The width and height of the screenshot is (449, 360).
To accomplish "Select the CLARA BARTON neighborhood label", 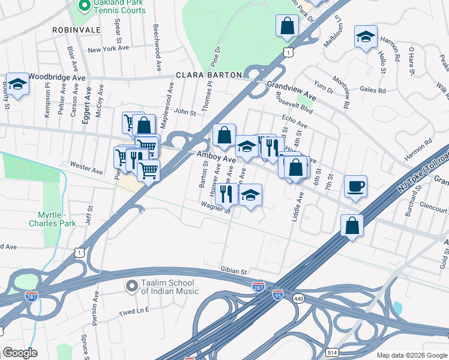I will tap(208, 76).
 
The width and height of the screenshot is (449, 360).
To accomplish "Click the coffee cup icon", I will tap(355, 187).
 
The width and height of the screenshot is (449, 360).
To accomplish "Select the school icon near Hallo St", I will tap(366, 37).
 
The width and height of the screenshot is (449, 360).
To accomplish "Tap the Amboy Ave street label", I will tap(217, 157).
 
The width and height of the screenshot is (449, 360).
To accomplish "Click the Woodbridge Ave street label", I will tap(58, 77).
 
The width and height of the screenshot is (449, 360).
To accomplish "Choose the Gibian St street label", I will tap(234, 271).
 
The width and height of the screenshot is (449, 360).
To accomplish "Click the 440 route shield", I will tap(298, 298).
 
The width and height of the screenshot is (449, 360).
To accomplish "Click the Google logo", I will tap(19, 353).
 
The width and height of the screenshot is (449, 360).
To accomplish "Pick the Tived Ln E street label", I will tap(133, 313).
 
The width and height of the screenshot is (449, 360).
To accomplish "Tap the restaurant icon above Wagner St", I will tap(226, 193).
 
